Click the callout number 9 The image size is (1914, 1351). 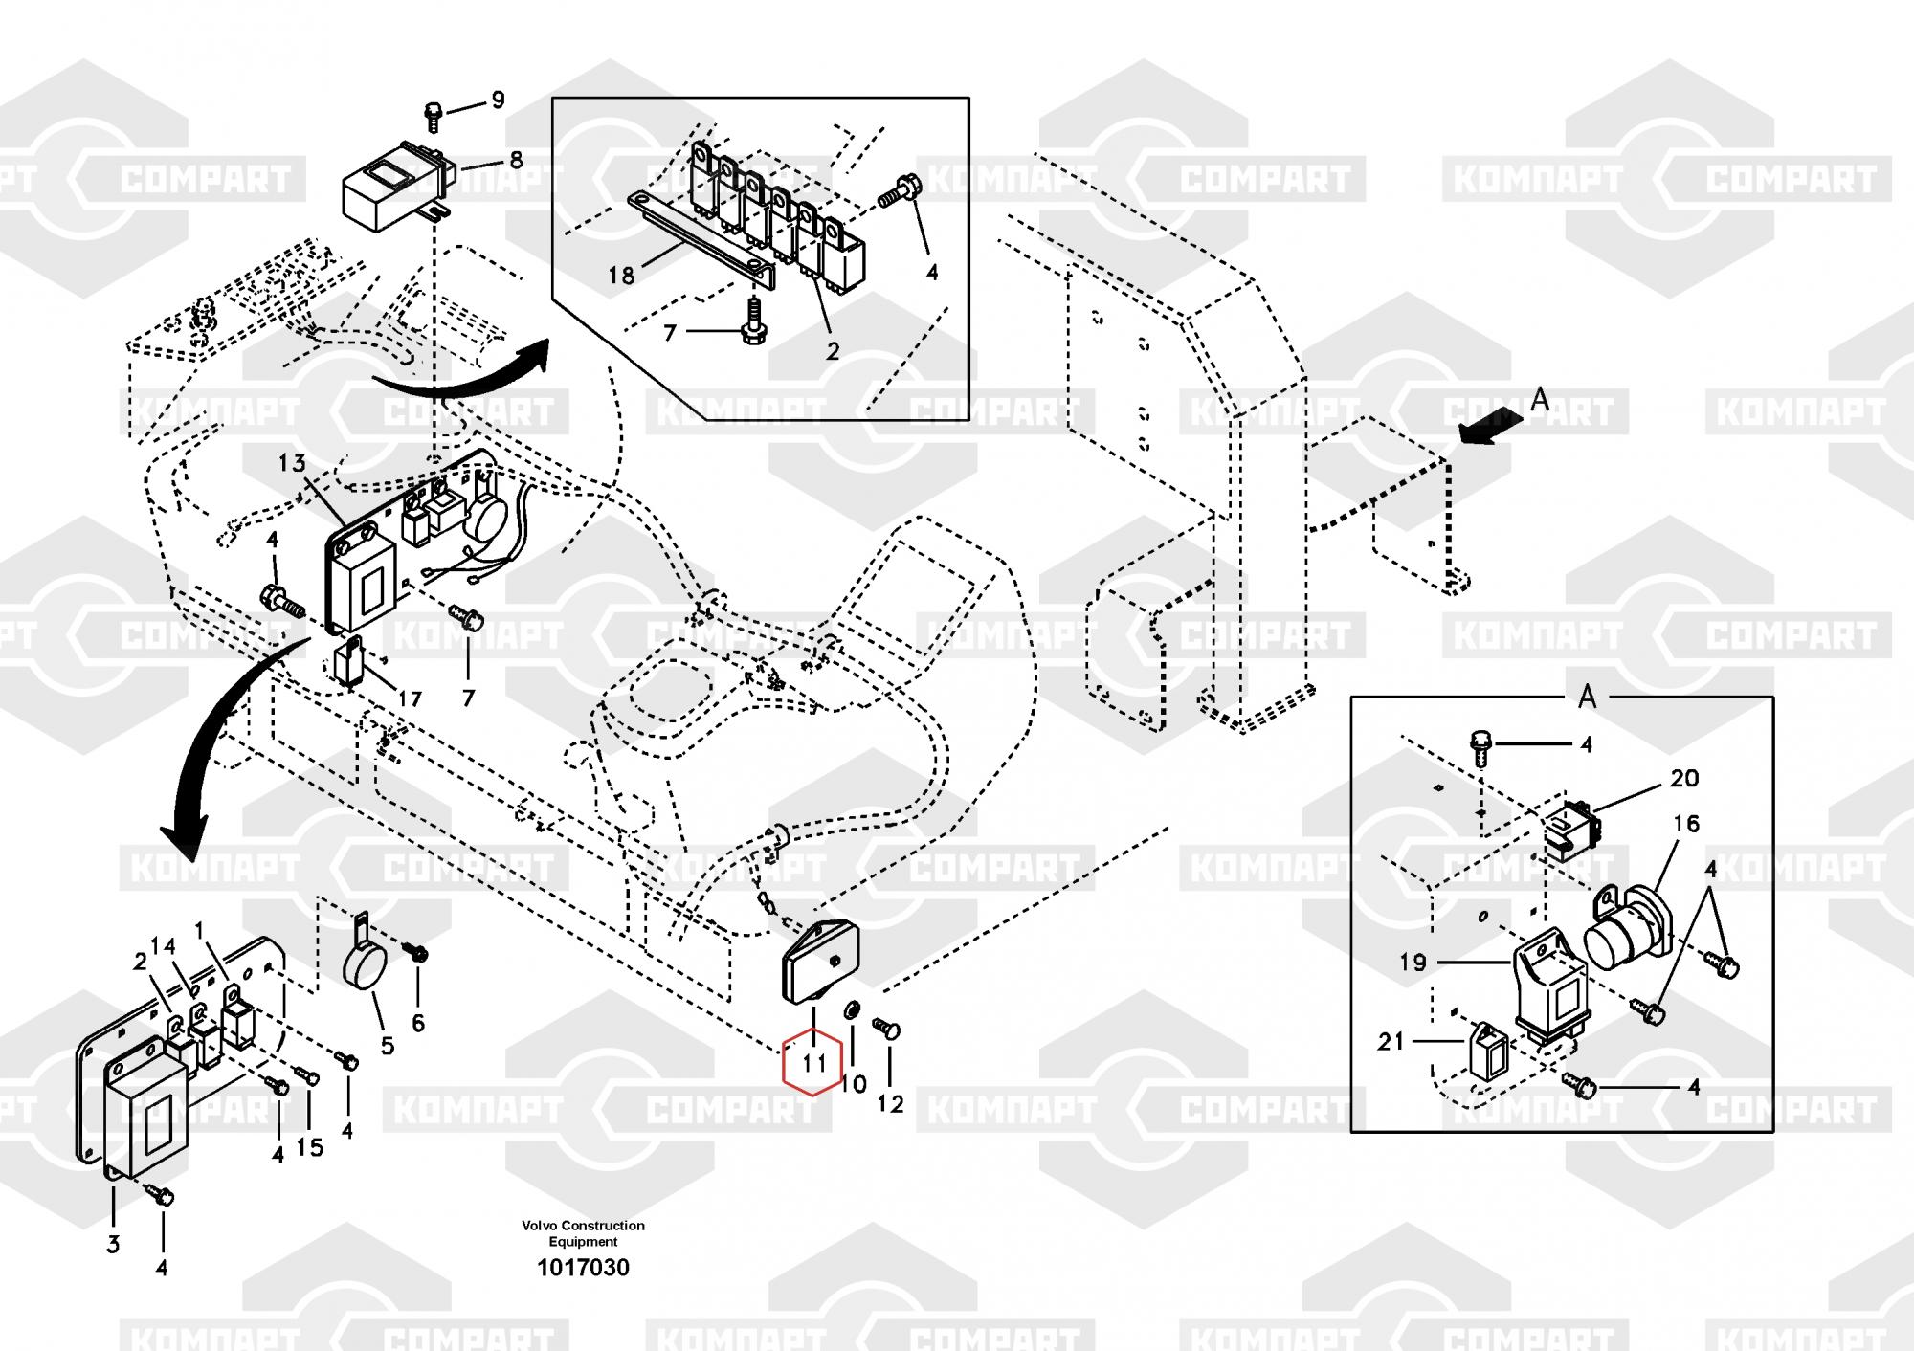(x=498, y=100)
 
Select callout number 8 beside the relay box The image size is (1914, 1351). (x=516, y=160)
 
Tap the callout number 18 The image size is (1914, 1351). (x=621, y=276)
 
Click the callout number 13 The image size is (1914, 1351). (x=292, y=464)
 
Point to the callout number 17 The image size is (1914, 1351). (x=410, y=699)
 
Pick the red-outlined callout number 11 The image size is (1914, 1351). (x=812, y=1063)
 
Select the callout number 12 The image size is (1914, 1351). (x=890, y=1104)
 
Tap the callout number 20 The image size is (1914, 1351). (x=1684, y=779)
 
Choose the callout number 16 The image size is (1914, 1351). (x=1686, y=824)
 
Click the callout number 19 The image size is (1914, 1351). (x=1413, y=963)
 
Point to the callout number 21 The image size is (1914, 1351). (x=1391, y=1041)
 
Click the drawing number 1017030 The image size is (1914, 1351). (x=583, y=1269)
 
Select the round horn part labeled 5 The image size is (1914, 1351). (x=361, y=973)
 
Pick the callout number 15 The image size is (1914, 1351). (x=310, y=1147)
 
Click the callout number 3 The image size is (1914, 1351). (x=113, y=1245)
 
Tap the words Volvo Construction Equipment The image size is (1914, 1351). (x=583, y=1233)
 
